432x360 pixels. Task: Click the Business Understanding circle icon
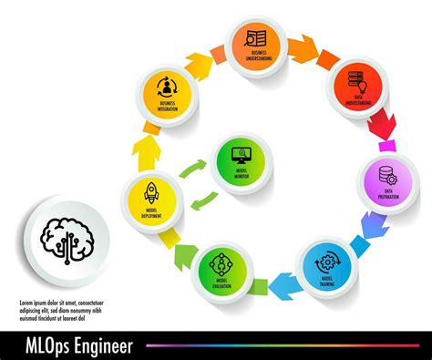coord(256,38)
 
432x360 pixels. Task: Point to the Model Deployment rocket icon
coord(151,191)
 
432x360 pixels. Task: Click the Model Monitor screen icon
coord(242,153)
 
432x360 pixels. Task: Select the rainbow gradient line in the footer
coord(283,345)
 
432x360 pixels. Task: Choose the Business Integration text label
coord(167,107)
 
